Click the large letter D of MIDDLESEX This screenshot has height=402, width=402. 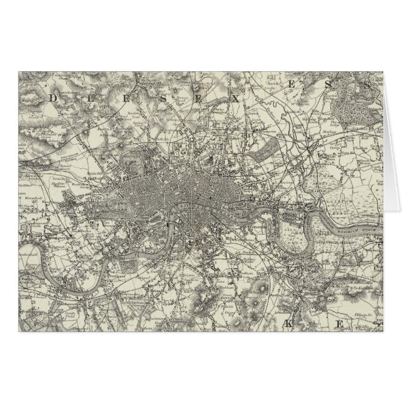(54, 98)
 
